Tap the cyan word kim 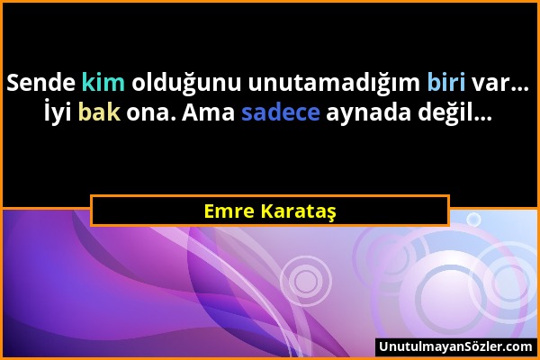click(103, 83)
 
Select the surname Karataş click(301, 211)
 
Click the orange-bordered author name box click(270, 211)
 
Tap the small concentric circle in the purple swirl click(306, 282)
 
